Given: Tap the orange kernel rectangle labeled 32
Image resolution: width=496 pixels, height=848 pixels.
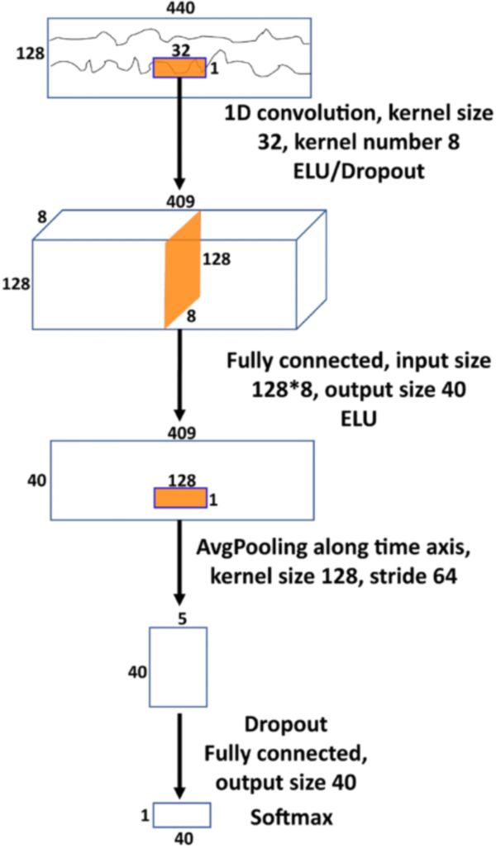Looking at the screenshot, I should click(179, 67).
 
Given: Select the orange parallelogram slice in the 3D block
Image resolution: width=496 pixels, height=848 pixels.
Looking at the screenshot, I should click(183, 269).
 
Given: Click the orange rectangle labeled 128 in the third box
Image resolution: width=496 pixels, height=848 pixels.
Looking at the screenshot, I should click(180, 496).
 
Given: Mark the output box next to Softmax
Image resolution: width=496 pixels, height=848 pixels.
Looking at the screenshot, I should click(182, 815).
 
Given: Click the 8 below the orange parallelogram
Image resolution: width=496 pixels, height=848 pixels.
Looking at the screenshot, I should click(190, 315).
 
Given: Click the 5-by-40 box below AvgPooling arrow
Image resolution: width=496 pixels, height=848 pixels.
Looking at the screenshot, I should click(178, 666).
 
